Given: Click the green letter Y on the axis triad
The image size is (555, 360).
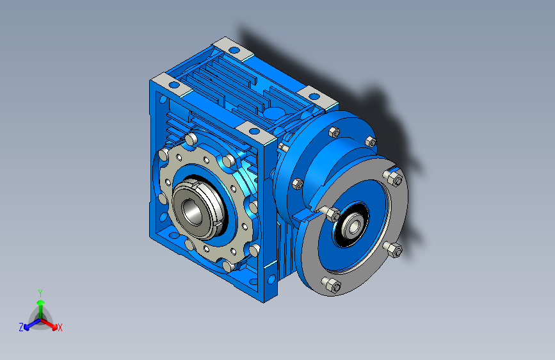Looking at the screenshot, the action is point(40,293).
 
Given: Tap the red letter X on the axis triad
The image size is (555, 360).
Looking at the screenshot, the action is point(60,327).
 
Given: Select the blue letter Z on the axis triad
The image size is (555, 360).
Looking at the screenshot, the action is point(21,327).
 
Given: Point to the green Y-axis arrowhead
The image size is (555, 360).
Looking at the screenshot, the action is point(41,302).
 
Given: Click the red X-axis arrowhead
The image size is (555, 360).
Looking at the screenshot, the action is point(54,327).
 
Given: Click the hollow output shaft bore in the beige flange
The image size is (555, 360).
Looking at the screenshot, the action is point(192,212).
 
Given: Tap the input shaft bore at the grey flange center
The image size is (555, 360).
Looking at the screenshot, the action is point(354,225).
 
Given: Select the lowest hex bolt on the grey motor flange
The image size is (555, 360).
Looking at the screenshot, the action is point(332,285).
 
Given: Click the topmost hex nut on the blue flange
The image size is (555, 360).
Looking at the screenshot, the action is point(334,132).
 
